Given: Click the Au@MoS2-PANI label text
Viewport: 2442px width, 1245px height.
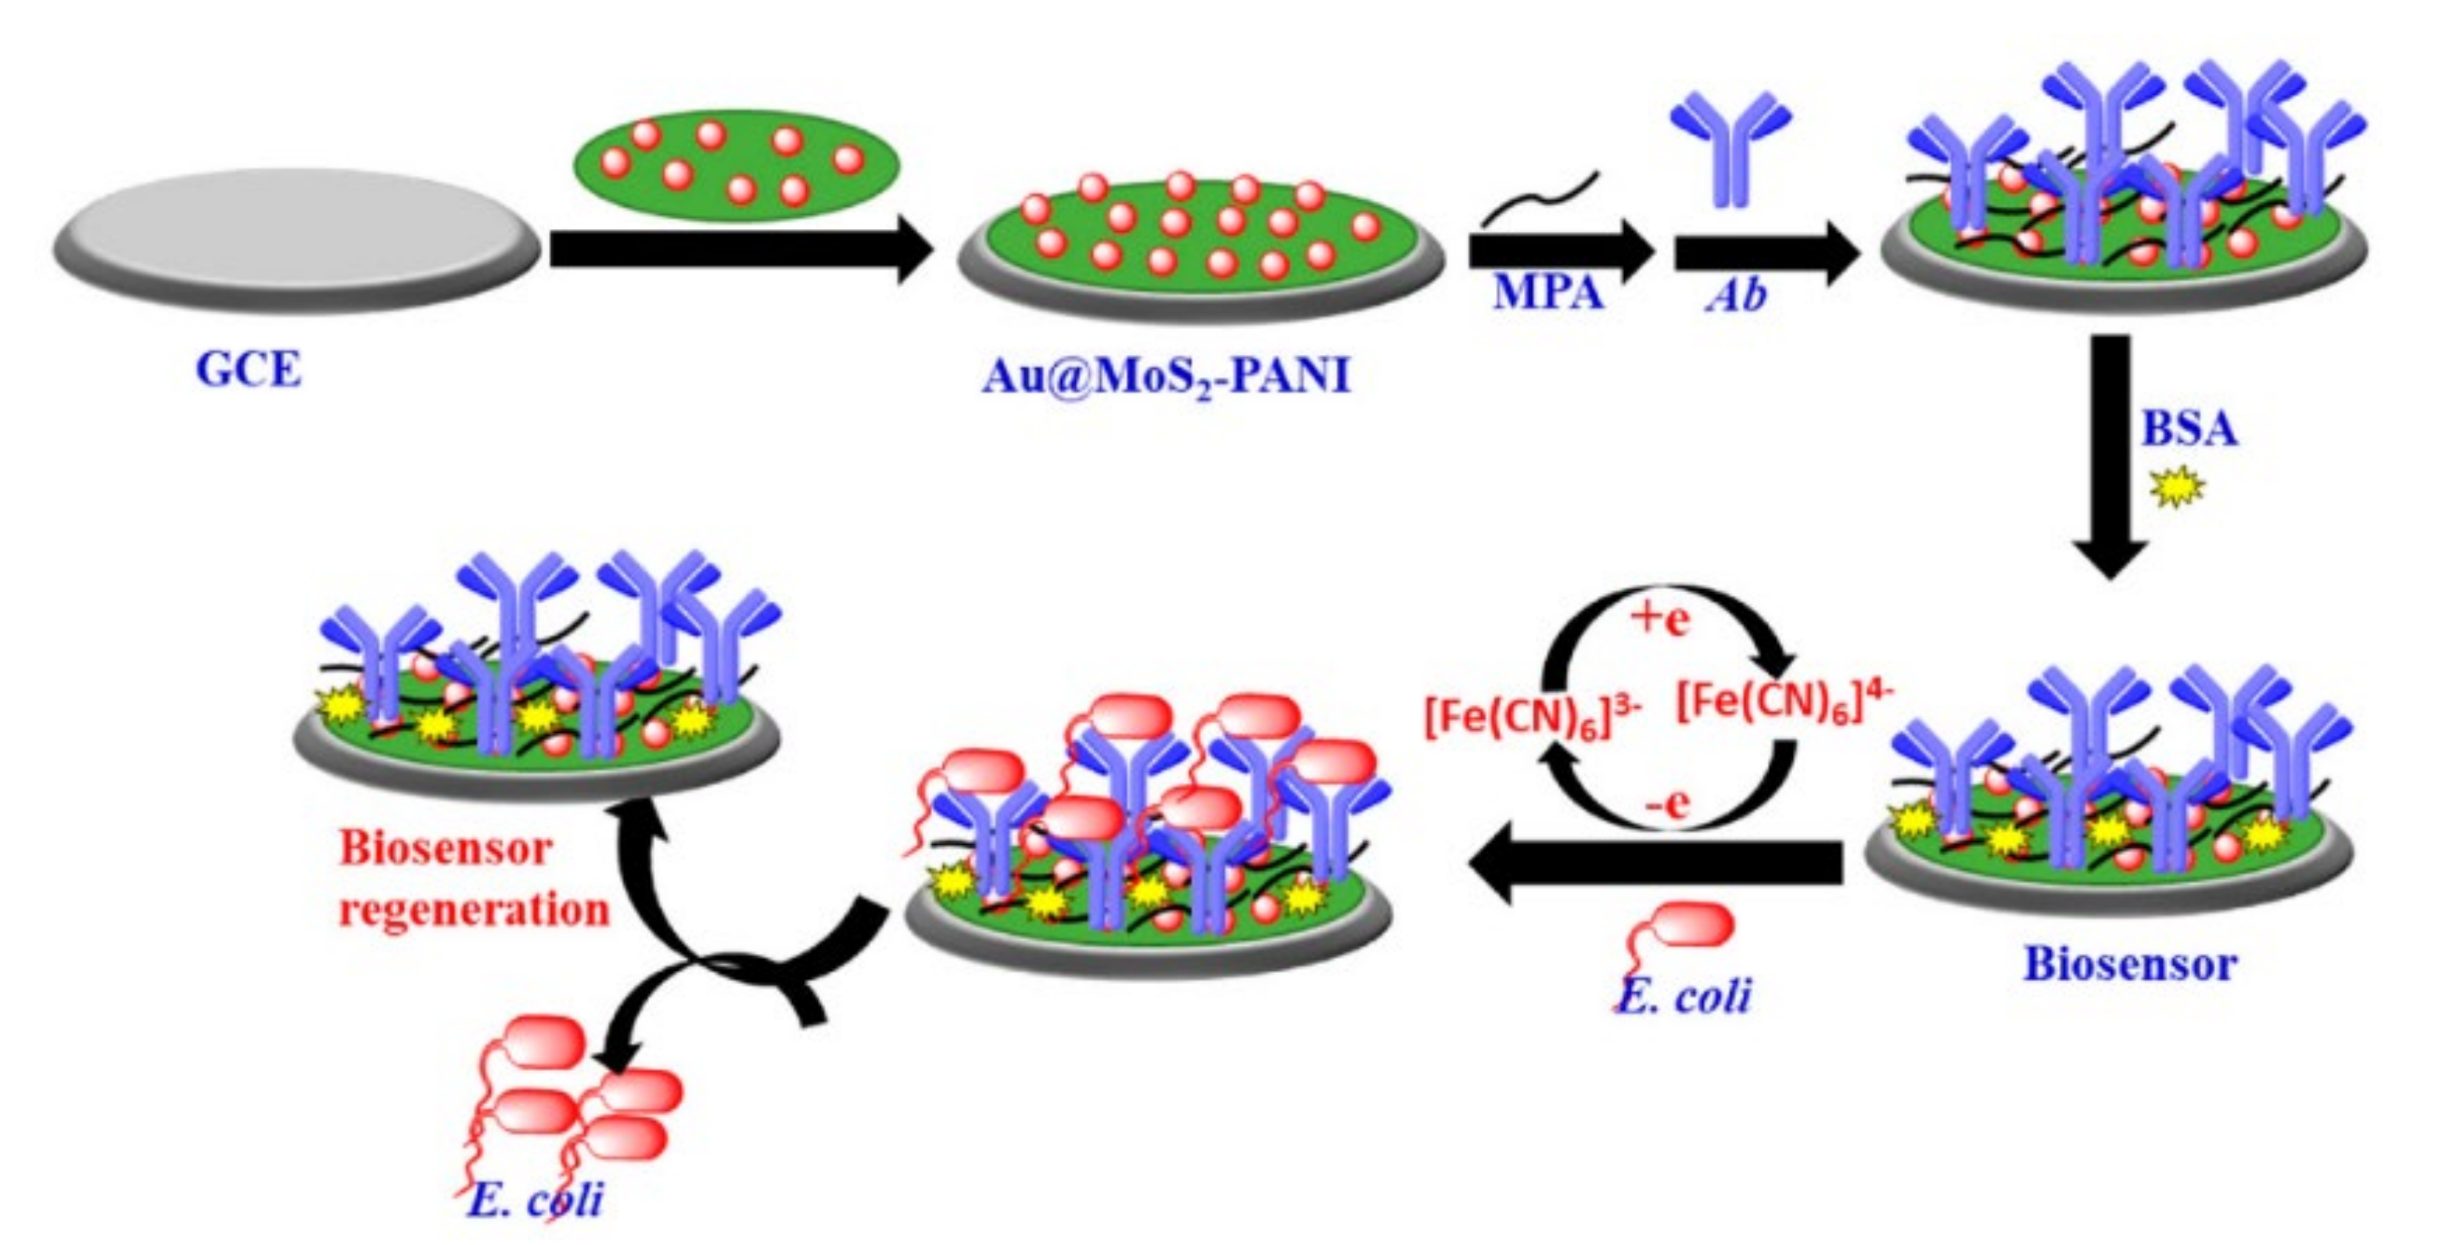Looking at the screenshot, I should tap(1166, 377).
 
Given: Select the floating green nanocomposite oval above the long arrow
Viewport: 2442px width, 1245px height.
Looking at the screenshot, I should tap(736, 165).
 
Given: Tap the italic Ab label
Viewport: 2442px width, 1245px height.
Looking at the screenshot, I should tap(1737, 295).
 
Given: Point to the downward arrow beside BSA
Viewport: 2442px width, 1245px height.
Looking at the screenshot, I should tap(2110, 455).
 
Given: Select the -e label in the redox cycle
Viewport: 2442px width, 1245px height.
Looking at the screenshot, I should tap(1666, 804).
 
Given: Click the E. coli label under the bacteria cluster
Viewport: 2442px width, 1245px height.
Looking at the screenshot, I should tap(536, 1201).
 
